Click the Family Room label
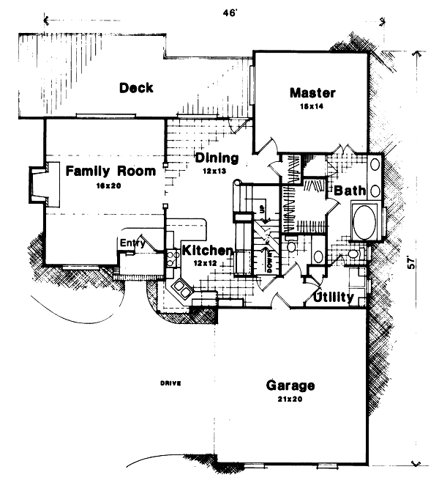[110, 172]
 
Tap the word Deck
[136, 88]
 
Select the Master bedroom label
[312, 93]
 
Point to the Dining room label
[217, 158]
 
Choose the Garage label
[290, 386]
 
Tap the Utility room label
[334, 298]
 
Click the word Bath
[350, 191]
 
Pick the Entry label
[132, 243]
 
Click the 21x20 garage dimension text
[290, 399]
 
